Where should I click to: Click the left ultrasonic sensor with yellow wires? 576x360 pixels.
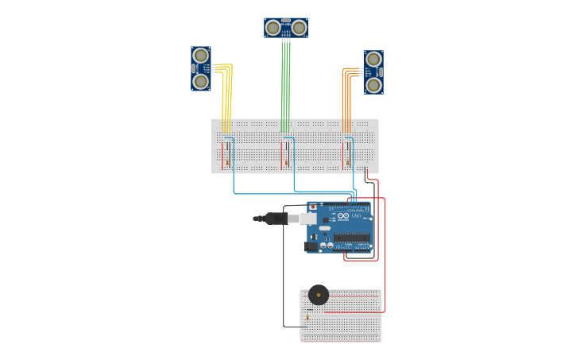[x=200, y=68]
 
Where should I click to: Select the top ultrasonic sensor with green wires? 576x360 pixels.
[x=286, y=28]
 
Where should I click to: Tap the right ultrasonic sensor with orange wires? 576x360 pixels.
[x=373, y=72]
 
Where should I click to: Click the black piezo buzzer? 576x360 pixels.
[x=319, y=295]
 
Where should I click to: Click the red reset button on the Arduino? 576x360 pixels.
[x=313, y=207]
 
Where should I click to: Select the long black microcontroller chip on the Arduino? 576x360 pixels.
[x=352, y=237]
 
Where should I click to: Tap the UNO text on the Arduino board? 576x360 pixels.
[x=357, y=216]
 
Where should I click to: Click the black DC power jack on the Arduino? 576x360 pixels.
[x=311, y=246]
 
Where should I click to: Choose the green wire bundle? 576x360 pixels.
[x=285, y=87]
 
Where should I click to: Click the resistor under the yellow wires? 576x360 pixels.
[x=226, y=161]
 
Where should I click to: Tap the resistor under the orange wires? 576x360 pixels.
[x=347, y=161]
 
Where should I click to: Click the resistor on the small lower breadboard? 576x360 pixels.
[x=307, y=317]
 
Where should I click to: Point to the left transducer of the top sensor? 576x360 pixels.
[x=273, y=28]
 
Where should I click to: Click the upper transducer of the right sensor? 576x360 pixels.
[x=373, y=59]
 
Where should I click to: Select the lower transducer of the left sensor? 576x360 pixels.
[x=201, y=81]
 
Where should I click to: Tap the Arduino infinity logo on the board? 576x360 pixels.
[x=343, y=215]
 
